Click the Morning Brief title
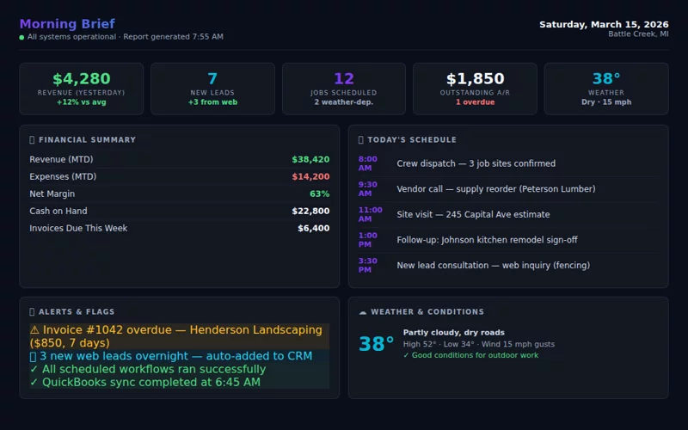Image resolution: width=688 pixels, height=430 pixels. (x=67, y=24)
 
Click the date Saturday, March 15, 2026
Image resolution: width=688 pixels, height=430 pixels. (x=604, y=24)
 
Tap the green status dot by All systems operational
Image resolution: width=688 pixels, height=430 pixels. (x=22, y=38)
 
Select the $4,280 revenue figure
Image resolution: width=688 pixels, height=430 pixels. (x=82, y=79)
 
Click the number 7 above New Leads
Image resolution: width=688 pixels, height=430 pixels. (x=212, y=79)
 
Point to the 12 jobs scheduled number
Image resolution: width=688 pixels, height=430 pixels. (x=344, y=79)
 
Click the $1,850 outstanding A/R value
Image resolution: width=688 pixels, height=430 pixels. (x=475, y=79)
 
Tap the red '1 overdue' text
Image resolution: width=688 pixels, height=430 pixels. (x=475, y=102)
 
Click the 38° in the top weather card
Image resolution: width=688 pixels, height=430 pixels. (x=606, y=79)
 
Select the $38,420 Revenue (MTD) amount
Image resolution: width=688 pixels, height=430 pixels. (x=310, y=160)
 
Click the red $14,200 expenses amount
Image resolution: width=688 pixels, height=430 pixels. (x=310, y=177)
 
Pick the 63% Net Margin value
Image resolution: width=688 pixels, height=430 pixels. (x=319, y=194)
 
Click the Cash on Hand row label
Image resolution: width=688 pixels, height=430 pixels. (x=58, y=212)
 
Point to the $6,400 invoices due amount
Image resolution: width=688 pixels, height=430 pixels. (x=313, y=229)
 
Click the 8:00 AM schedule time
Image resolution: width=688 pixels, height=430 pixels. (x=368, y=163)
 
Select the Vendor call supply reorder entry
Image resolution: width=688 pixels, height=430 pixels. (x=495, y=189)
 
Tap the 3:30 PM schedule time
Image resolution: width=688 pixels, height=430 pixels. (x=368, y=266)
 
